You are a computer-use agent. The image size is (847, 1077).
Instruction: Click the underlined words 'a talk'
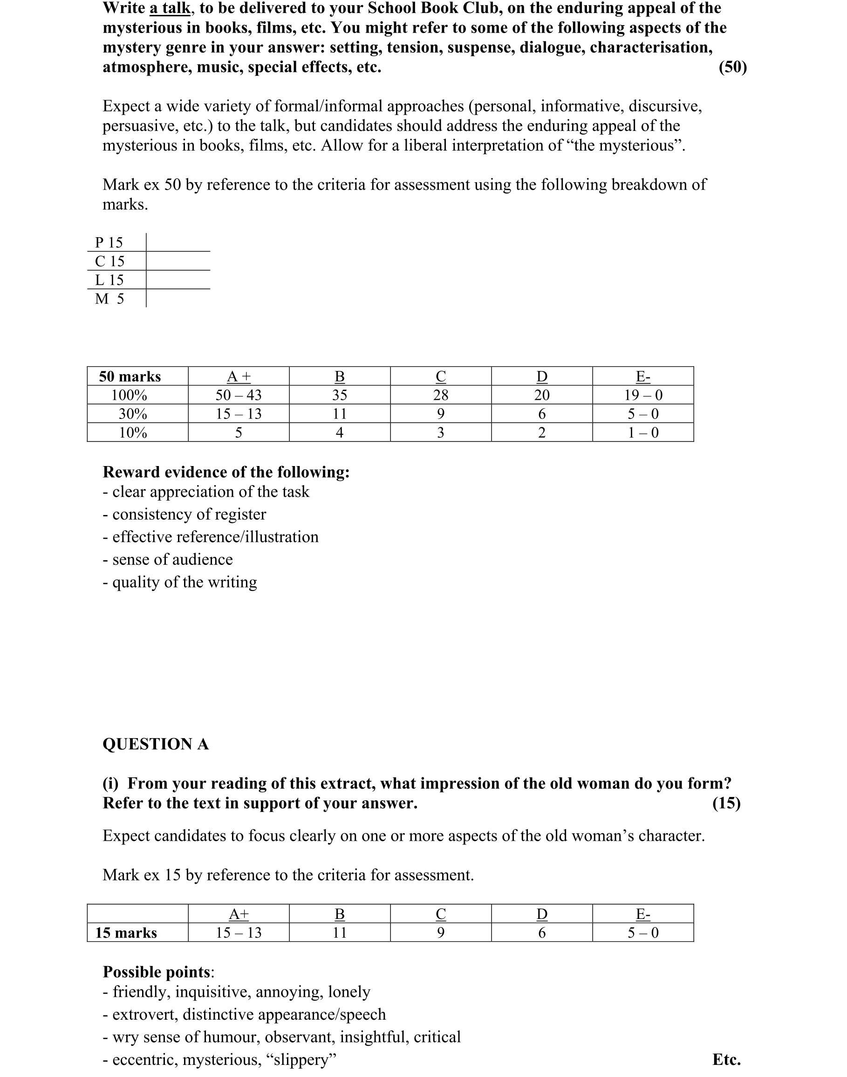pyautogui.click(x=170, y=8)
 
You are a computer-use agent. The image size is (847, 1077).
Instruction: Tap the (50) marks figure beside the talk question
pyautogui.click(x=732, y=67)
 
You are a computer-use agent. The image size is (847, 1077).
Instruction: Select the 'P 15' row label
pyautogui.click(x=109, y=243)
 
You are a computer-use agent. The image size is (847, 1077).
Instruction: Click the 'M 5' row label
pyautogui.click(x=109, y=299)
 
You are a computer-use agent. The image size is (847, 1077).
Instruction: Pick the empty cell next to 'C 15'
pyautogui.click(x=178, y=261)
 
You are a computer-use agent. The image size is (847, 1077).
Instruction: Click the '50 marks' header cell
pyautogui.click(x=130, y=377)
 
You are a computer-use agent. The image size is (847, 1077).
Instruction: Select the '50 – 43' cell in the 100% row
pyautogui.click(x=239, y=395)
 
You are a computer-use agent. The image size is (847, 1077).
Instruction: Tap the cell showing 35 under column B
pyautogui.click(x=340, y=395)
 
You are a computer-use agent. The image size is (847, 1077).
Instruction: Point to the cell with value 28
pyautogui.click(x=441, y=395)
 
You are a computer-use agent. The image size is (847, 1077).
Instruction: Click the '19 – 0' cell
pyautogui.click(x=643, y=395)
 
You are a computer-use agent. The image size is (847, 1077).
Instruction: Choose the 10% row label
pyautogui.click(x=133, y=432)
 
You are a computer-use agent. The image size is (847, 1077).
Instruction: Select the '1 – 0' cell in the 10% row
pyautogui.click(x=643, y=432)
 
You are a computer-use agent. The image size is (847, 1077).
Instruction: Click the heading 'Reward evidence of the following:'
pyautogui.click(x=226, y=472)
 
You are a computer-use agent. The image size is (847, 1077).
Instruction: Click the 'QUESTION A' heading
pyautogui.click(x=156, y=744)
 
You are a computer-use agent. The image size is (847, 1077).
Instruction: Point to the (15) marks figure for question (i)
pyautogui.click(x=726, y=803)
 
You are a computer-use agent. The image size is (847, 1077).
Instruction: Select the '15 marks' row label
pyautogui.click(x=126, y=933)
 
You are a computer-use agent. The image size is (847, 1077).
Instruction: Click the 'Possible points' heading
pyautogui.click(x=157, y=972)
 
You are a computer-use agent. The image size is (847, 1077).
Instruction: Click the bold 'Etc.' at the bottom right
pyautogui.click(x=726, y=1059)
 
